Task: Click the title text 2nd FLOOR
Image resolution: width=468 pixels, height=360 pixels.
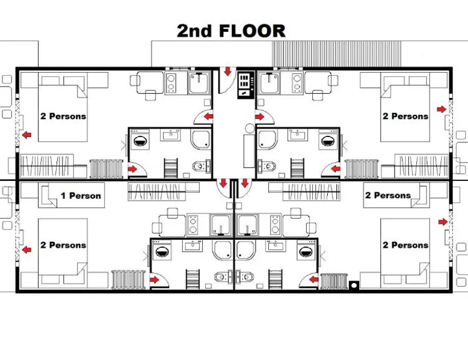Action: click(x=231, y=31)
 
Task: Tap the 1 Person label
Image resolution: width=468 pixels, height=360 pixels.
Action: click(x=81, y=196)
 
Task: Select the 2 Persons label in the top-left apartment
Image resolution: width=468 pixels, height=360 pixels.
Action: click(x=63, y=116)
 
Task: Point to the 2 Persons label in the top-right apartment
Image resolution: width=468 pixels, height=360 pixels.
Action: click(x=405, y=116)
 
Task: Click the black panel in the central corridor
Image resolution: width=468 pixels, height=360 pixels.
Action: click(x=246, y=85)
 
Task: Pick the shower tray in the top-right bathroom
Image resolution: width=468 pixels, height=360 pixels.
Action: click(x=268, y=139)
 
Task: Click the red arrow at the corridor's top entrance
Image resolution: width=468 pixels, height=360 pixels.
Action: click(x=228, y=72)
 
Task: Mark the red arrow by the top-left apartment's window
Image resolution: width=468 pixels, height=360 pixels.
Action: click(x=26, y=135)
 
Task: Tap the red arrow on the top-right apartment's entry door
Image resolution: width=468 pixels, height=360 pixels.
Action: click(x=260, y=117)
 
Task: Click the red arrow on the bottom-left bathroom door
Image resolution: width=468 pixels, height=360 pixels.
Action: click(x=155, y=280)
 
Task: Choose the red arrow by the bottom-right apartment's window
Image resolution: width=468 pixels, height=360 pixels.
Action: click(x=443, y=222)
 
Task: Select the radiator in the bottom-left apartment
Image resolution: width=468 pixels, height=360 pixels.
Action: click(x=128, y=279)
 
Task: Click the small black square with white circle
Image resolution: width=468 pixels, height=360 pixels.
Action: click(x=354, y=285)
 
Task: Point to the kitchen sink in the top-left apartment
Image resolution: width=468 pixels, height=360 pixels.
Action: click(x=200, y=82)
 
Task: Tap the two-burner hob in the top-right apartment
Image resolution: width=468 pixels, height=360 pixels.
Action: click(x=297, y=82)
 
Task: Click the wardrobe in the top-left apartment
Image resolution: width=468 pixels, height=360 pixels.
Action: click(x=47, y=166)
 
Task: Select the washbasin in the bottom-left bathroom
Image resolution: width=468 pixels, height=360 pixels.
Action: click(x=193, y=246)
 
